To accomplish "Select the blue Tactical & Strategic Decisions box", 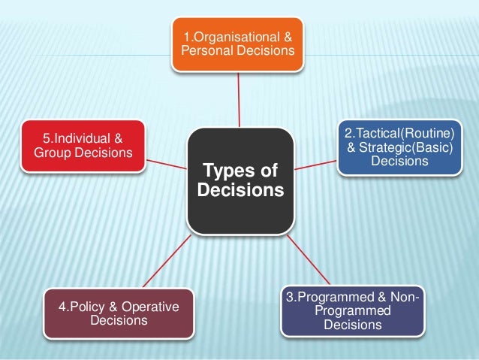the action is [x=399, y=146].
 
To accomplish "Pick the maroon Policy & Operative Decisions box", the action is [x=119, y=313].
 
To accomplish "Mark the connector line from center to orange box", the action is [x=239, y=98].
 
